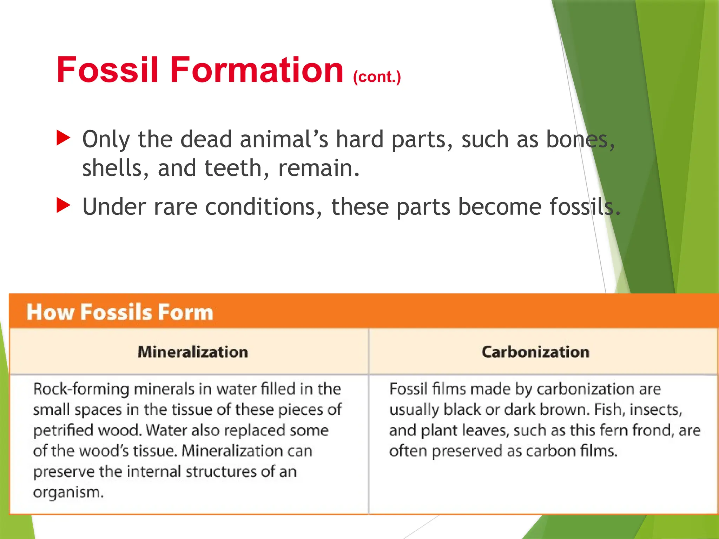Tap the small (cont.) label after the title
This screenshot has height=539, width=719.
377,76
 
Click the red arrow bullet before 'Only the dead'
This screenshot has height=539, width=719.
64,138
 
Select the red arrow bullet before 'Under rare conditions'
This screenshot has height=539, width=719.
64,205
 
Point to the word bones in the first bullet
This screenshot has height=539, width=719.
580,139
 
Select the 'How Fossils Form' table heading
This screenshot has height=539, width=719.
120,312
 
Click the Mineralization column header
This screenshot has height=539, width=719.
193,352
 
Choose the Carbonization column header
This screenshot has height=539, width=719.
535,352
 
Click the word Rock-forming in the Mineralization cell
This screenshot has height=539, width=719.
81,389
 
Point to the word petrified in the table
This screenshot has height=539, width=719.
63,431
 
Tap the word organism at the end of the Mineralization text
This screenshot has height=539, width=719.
68,492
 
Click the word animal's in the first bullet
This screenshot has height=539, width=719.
284,139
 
